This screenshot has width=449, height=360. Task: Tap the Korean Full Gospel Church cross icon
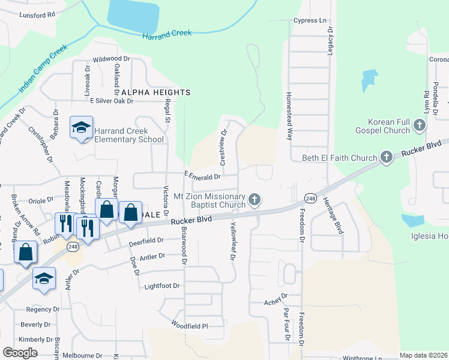point(419,125)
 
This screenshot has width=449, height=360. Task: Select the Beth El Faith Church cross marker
point(386,158)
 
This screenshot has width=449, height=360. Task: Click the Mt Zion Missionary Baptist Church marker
point(255,199)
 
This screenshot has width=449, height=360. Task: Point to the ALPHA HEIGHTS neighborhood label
point(156,92)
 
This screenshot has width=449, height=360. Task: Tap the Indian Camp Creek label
point(43,71)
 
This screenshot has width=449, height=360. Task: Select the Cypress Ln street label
point(310,20)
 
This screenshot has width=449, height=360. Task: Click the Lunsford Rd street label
point(37,13)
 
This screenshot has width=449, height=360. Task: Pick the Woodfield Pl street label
point(188,326)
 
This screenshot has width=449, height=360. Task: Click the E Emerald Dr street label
point(203,176)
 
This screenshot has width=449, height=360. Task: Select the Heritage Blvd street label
point(333,215)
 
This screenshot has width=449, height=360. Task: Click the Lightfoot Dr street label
point(162,286)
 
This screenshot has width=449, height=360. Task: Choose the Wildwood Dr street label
point(111,59)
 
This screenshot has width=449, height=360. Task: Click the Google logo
point(20,353)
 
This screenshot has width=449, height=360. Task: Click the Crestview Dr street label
point(223,148)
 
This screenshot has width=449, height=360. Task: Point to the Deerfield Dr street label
point(146,241)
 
